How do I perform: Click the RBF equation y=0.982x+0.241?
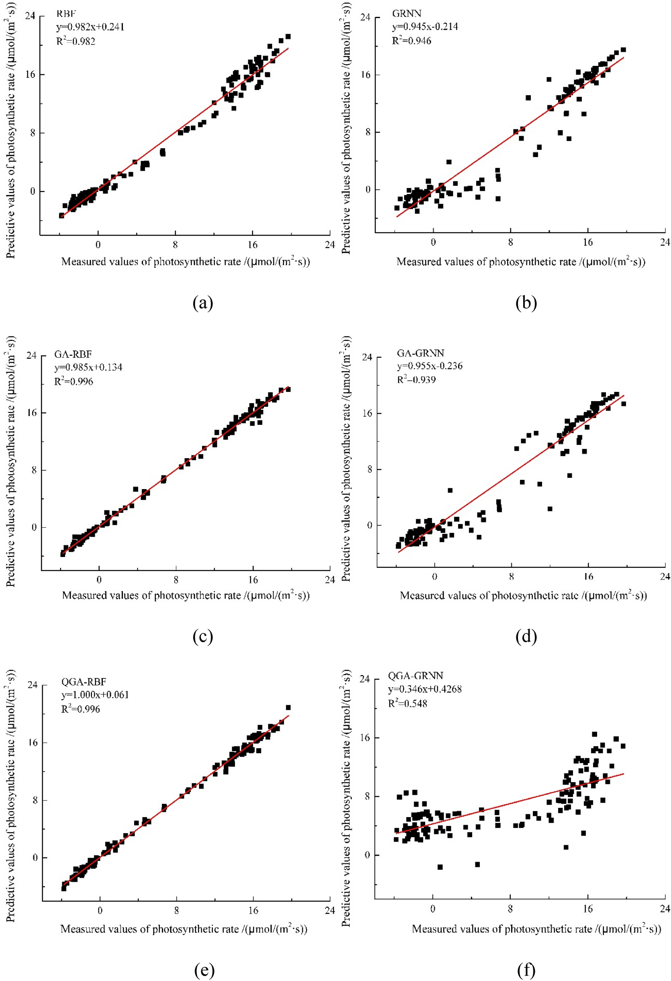tap(90, 27)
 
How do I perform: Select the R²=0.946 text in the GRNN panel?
tap(411, 41)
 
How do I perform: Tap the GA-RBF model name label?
tap(73, 354)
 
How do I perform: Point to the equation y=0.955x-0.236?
tap(430, 366)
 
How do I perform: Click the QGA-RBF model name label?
tap(84, 681)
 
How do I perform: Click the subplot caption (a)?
tap(203, 303)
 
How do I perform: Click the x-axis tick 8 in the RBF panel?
tap(175, 245)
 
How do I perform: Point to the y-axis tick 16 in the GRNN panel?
tap(366, 75)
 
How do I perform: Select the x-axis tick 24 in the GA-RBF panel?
tap(329, 580)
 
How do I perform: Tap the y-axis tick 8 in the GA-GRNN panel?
tap(370, 469)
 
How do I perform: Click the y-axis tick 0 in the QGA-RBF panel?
tap(35, 857)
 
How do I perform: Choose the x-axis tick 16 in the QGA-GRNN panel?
tap(587, 908)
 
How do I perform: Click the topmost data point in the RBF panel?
tap(288, 37)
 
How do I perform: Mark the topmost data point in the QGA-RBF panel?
tap(288, 707)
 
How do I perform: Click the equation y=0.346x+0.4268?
tap(425, 689)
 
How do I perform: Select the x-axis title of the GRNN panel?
tap(521, 262)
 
